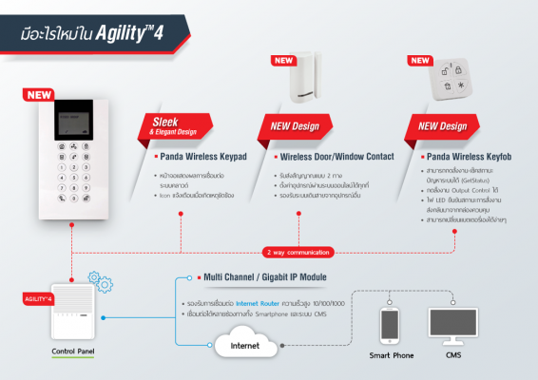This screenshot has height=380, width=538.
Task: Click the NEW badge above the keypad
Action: (x=41, y=95)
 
